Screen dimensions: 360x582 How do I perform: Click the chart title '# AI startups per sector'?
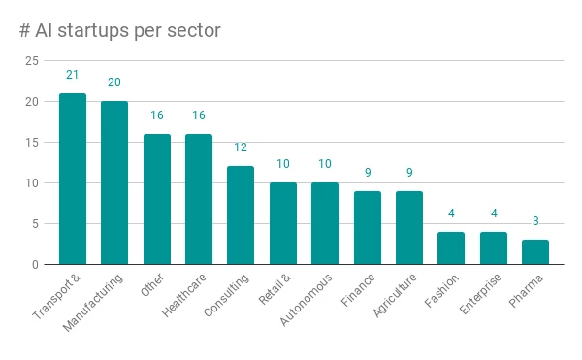[x=119, y=31]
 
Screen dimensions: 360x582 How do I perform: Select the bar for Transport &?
[x=73, y=179]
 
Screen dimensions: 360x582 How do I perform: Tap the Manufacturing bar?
[x=114, y=182]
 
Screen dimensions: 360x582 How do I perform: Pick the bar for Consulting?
[x=241, y=215]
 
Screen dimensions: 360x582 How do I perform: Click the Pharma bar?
[x=535, y=252]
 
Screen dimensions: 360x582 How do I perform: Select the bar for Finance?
[x=367, y=228]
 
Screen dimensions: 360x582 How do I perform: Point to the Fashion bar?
[x=451, y=248]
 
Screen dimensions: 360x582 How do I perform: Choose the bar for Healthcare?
[x=199, y=199]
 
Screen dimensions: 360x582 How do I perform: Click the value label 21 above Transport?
[x=73, y=75]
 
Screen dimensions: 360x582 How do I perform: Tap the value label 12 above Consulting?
[x=241, y=147]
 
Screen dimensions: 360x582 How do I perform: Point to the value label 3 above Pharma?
[x=535, y=221]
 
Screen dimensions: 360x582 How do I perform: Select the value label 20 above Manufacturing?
[x=114, y=82]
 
